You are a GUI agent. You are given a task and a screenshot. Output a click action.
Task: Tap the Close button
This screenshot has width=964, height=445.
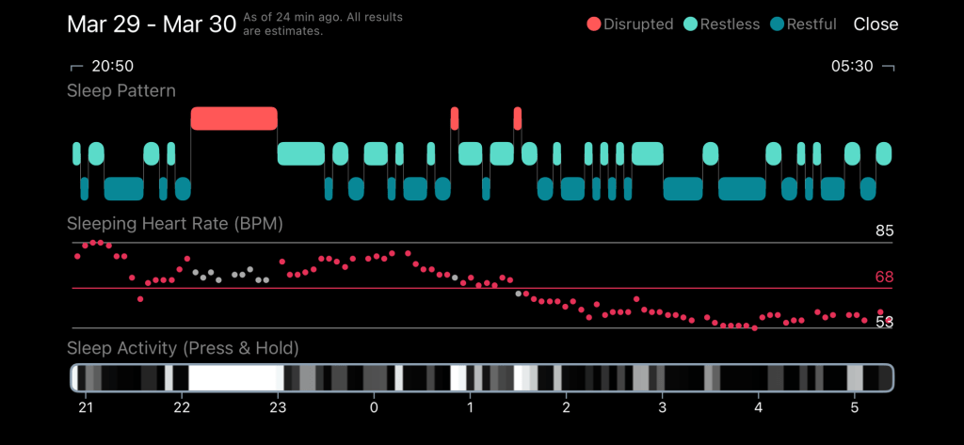(x=876, y=24)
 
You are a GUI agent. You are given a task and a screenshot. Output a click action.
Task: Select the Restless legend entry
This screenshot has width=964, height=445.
(x=722, y=24)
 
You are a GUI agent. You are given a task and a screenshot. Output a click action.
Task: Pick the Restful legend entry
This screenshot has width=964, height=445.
(x=803, y=24)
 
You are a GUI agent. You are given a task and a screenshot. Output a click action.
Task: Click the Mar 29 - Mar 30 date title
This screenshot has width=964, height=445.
(x=152, y=24)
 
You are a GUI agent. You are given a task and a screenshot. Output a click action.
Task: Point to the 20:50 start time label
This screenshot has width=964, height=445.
(x=112, y=66)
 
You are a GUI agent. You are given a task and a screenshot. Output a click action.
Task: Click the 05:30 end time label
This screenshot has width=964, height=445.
(x=852, y=66)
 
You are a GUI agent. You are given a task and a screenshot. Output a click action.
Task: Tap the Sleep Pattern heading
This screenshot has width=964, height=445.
(x=120, y=91)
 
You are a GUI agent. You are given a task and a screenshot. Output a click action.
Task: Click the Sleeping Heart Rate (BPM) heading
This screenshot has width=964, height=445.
(x=175, y=224)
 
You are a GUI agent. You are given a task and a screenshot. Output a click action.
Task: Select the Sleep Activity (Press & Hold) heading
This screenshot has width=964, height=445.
(x=183, y=348)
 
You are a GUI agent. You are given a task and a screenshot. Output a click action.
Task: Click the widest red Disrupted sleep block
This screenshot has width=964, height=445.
(x=233, y=119)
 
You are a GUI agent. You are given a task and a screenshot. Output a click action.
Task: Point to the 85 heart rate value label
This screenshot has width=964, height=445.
(x=883, y=231)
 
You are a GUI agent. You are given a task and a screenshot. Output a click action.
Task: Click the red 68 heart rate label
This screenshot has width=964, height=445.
(x=883, y=277)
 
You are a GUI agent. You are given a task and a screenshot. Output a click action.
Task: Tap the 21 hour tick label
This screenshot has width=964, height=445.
(x=86, y=407)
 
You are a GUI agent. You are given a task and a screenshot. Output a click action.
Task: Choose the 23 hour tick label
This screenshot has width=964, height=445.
(x=278, y=407)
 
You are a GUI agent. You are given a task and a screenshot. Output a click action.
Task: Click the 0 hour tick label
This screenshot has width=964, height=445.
(x=374, y=407)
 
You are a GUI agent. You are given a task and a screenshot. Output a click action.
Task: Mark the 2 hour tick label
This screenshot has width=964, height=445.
(x=566, y=407)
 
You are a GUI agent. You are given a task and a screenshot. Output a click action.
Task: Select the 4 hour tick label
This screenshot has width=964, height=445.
(x=758, y=407)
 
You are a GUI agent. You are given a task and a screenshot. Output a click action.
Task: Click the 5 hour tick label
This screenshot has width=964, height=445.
(x=854, y=407)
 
